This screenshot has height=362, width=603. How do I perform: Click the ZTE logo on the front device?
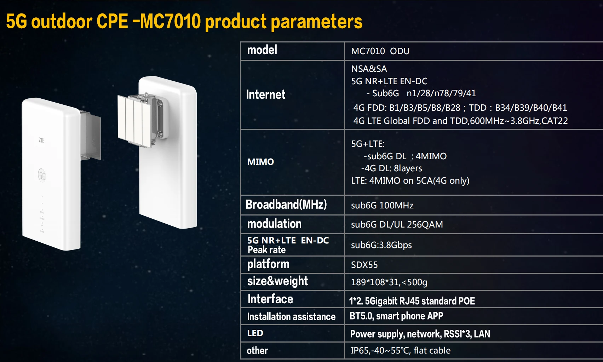coord(41,140)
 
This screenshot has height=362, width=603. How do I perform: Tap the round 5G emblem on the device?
coord(42,175)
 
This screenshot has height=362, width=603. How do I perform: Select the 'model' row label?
coord(262,50)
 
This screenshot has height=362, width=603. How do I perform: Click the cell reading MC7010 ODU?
coord(380,51)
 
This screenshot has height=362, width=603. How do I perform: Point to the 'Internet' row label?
coord(265,94)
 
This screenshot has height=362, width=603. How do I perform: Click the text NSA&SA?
coord(369,69)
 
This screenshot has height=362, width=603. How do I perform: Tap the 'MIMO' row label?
coord(260,162)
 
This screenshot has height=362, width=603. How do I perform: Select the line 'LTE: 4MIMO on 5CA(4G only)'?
coord(410,181)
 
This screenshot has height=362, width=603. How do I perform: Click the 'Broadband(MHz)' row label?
coord(286,205)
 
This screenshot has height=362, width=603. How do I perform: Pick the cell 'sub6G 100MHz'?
coord(382,206)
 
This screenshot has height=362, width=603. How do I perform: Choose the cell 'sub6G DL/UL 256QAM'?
coord(397,225)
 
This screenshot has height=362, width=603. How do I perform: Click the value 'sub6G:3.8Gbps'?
coord(381,245)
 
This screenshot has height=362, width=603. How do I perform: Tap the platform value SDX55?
coord(364,265)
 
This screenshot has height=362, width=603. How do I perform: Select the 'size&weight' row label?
coord(277,281)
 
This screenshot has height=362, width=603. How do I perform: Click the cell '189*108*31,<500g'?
coord(389,282)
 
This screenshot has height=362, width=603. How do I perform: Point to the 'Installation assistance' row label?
coord(291,317)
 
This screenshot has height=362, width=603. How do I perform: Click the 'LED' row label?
coord(255,333)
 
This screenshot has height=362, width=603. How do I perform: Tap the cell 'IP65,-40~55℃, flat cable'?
coord(400,351)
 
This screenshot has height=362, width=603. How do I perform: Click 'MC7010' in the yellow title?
coord(171,22)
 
